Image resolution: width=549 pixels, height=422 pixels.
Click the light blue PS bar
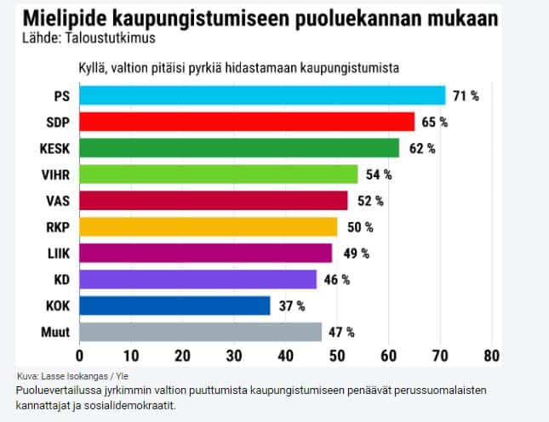262,95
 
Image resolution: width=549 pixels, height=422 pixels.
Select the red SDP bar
247,122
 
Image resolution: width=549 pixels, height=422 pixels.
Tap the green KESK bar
239,148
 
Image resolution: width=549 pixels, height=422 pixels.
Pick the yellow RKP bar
209,226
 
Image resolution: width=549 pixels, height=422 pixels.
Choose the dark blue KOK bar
174,305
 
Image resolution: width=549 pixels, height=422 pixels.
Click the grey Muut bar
200,332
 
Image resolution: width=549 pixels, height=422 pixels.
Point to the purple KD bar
197,279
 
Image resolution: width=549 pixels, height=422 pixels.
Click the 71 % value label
466,95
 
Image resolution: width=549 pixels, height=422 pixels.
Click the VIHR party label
54,174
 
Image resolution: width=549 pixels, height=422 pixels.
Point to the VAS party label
57,201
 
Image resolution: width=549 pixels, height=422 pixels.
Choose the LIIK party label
56,253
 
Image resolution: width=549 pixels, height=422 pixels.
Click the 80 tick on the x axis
490,355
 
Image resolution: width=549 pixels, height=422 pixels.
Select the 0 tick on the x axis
79,355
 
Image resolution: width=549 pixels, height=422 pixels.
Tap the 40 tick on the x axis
285,355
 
